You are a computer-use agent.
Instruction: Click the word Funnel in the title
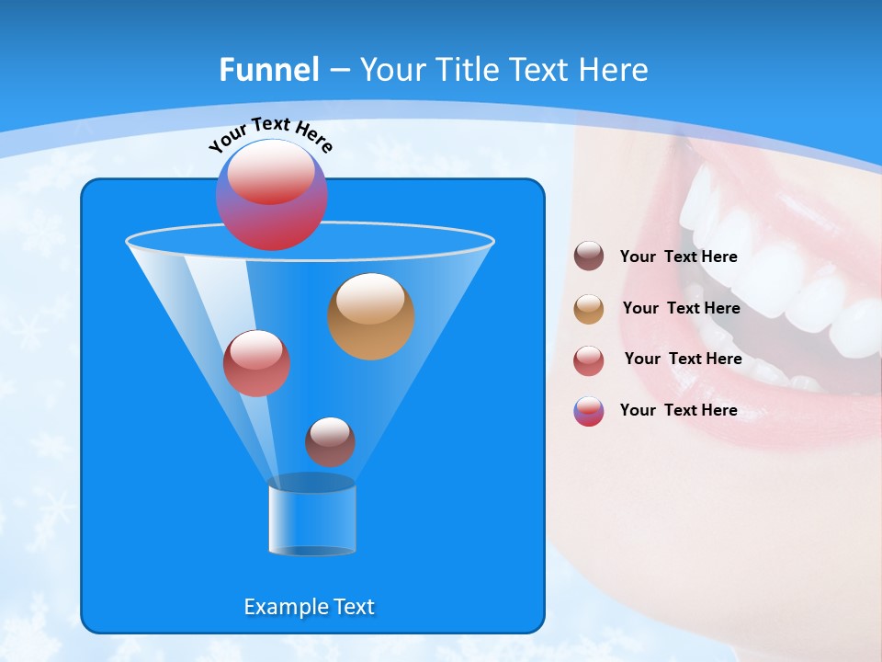point(268,70)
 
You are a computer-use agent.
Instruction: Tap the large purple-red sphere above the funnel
point(271,195)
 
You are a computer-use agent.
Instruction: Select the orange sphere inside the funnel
point(371,316)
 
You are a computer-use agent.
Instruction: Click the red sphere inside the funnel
point(256,363)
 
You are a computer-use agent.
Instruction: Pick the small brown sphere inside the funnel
point(330,441)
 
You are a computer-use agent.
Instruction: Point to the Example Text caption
point(309,607)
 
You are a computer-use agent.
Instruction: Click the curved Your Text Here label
point(270,134)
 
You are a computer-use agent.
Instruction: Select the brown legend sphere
point(589,257)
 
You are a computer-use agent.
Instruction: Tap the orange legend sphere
point(589,309)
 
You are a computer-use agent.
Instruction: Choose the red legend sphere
point(589,360)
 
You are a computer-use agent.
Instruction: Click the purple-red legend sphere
point(589,411)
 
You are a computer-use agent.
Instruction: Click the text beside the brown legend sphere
point(678,257)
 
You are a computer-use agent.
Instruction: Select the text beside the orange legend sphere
point(681,308)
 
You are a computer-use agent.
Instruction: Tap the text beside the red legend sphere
point(683,359)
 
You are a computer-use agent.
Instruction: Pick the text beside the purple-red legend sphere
point(678,410)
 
